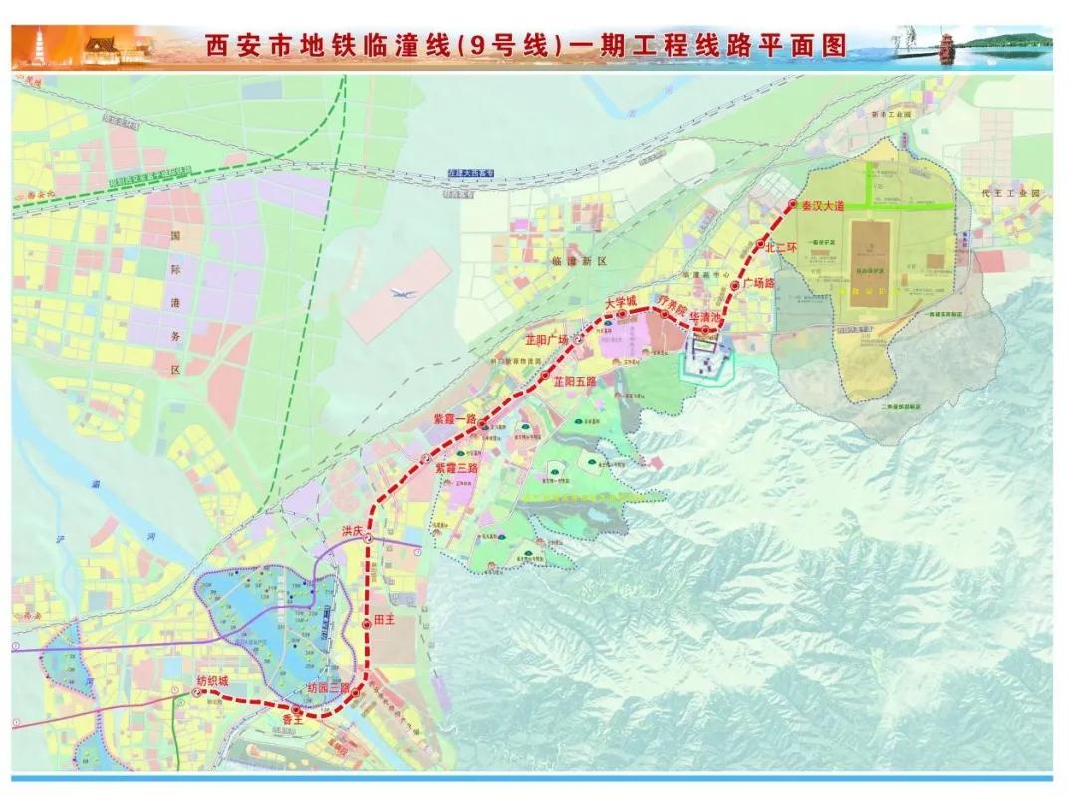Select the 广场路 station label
pyautogui.click(x=759, y=284)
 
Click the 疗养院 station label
pyautogui.click(x=671, y=300)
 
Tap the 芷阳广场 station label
pyautogui.click(x=547, y=340)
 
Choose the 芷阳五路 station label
pyautogui.click(x=575, y=381)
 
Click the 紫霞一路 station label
pyautogui.click(x=454, y=420)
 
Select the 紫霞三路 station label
pyautogui.click(x=456, y=467)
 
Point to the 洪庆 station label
pyautogui.click(x=351, y=531)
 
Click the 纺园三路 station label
pyautogui.click(x=327, y=688)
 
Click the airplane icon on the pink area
pyautogui.click(x=402, y=294)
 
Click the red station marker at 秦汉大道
pyautogui.click(x=793, y=204)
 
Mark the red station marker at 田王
pyautogui.click(x=367, y=621)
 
